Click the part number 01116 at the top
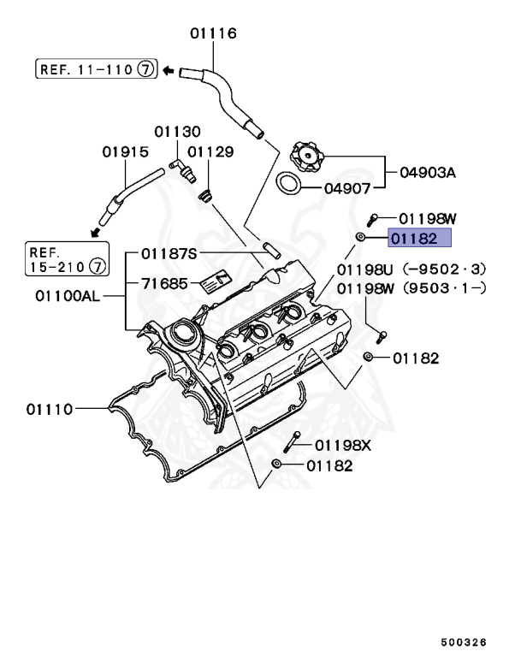point(213,33)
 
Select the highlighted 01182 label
point(414,240)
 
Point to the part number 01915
point(125,151)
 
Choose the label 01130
point(177,132)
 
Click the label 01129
point(210,151)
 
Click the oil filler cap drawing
point(307,157)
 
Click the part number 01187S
point(169,253)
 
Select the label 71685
point(163,281)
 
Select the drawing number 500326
point(464,640)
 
